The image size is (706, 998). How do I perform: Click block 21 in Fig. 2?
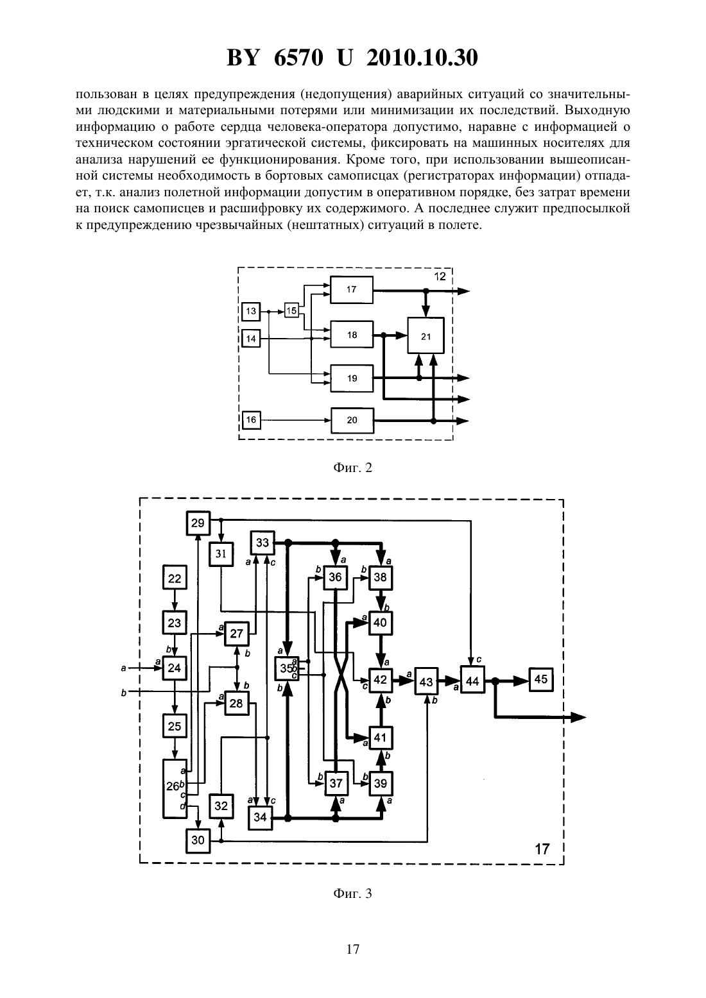pos(426,335)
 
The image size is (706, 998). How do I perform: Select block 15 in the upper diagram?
pos(291,310)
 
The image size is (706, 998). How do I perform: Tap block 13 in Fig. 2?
pos(252,311)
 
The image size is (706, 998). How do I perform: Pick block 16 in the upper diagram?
pos(252,419)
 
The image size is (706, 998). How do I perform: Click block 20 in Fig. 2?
pos(352,420)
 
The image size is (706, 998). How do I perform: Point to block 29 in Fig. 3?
pos(198,523)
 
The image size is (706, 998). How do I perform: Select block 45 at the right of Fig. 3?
pos(541,679)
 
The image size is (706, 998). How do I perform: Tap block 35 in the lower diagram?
pos(287,668)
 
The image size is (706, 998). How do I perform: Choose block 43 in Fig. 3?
pos(426,681)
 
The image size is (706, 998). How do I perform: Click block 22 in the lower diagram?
pos(175,578)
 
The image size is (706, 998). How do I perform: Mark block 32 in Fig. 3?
pos(221,806)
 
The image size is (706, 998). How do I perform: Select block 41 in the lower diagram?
pos(380,738)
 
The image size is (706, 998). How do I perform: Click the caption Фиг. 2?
pos(352,468)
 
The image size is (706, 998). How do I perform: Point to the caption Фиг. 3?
pos(352,893)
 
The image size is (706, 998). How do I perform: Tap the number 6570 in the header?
pos(298,58)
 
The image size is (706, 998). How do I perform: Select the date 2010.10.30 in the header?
pos(422,58)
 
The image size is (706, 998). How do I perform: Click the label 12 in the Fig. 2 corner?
pos(440,276)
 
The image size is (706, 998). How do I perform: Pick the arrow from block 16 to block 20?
pos(295,420)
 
